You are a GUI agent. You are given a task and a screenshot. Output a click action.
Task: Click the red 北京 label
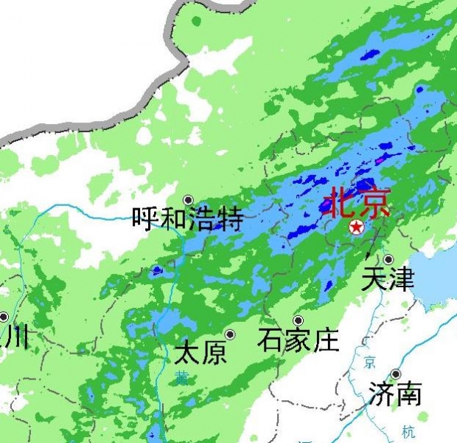click(x=358, y=202)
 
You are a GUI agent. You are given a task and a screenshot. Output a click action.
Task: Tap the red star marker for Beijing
click(x=356, y=227)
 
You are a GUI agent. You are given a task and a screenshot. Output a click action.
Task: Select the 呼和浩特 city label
click(x=187, y=219)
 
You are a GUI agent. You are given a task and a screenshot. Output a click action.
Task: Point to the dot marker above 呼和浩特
click(x=189, y=200)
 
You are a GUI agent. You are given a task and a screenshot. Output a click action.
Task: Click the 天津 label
click(x=388, y=279)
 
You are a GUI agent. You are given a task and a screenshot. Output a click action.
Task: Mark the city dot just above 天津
click(x=388, y=260)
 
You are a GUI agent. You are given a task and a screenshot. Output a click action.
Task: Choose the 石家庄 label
click(x=299, y=340)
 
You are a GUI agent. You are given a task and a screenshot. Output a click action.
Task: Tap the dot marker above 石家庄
click(x=299, y=320)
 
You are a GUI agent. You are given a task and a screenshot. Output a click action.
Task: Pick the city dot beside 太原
click(x=230, y=334)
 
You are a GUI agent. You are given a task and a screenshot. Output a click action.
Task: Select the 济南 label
click(x=396, y=394)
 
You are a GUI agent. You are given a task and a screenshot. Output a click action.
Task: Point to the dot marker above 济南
click(x=396, y=374)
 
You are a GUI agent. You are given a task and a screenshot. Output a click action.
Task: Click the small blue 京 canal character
click(x=369, y=362)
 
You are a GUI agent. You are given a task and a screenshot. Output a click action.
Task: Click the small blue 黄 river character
click(x=181, y=378)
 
